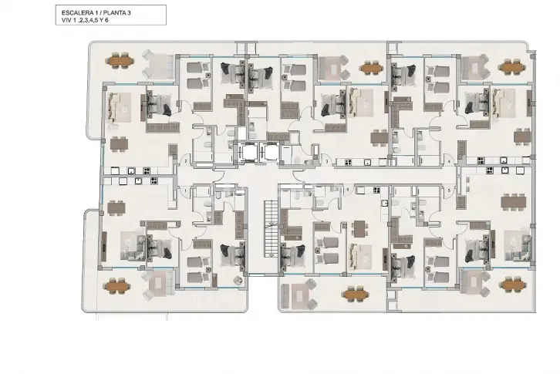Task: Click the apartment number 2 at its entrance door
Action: (186, 161)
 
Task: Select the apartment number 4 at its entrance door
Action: (449, 162)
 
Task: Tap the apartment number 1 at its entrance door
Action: (185, 191)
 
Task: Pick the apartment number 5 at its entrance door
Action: (449, 191)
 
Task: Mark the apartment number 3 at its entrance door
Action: (327, 161)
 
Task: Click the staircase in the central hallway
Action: (271, 228)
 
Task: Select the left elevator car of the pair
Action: (248, 153)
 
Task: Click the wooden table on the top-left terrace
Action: (120, 61)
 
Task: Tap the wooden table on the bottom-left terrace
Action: (116, 286)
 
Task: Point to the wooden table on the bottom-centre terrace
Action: (355, 294)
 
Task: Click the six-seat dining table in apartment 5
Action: (514, 202)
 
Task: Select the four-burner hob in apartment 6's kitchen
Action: (376, 190)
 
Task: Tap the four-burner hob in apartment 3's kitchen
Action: (348, 163)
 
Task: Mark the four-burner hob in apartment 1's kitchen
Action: (153, 180)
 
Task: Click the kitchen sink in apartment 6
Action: (385, 204)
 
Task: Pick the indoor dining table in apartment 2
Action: (119, 144)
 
